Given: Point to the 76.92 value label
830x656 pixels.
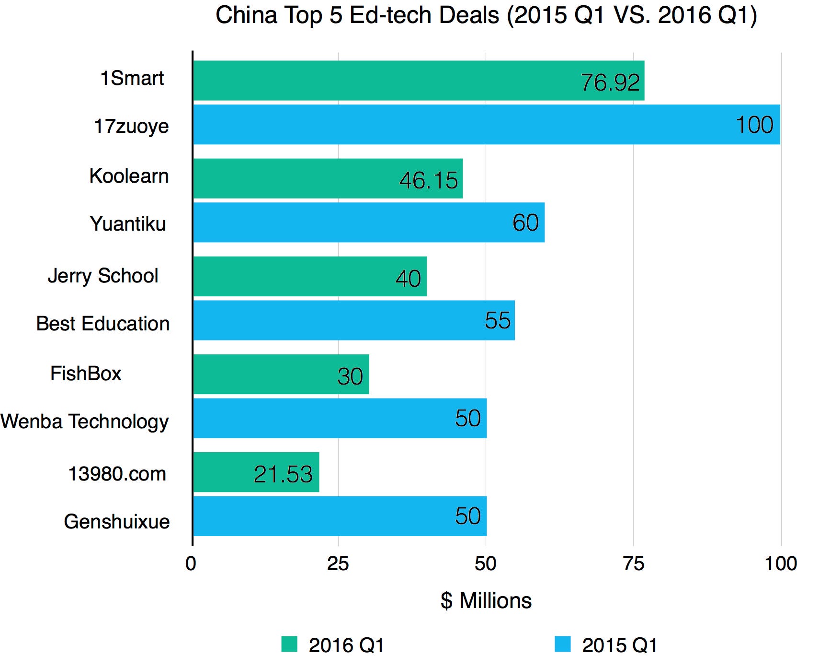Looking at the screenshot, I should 610,82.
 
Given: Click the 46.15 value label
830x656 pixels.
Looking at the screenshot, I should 429,180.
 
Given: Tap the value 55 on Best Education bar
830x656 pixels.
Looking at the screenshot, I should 498,320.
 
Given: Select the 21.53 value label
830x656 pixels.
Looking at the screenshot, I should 283,474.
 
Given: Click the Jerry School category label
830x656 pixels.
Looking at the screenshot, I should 103,276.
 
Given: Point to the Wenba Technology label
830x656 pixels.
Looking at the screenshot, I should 85,422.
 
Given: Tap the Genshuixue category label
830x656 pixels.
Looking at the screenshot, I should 117,521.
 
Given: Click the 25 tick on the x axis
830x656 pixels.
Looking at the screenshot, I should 338,563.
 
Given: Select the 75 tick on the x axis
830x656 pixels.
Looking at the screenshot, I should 633,563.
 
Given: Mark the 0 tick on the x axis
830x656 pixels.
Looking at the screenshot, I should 191,563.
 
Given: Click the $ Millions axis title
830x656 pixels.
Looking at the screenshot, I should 486,600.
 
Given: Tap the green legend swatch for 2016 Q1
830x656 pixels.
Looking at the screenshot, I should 289,644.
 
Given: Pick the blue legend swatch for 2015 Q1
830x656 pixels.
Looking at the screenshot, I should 563,644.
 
